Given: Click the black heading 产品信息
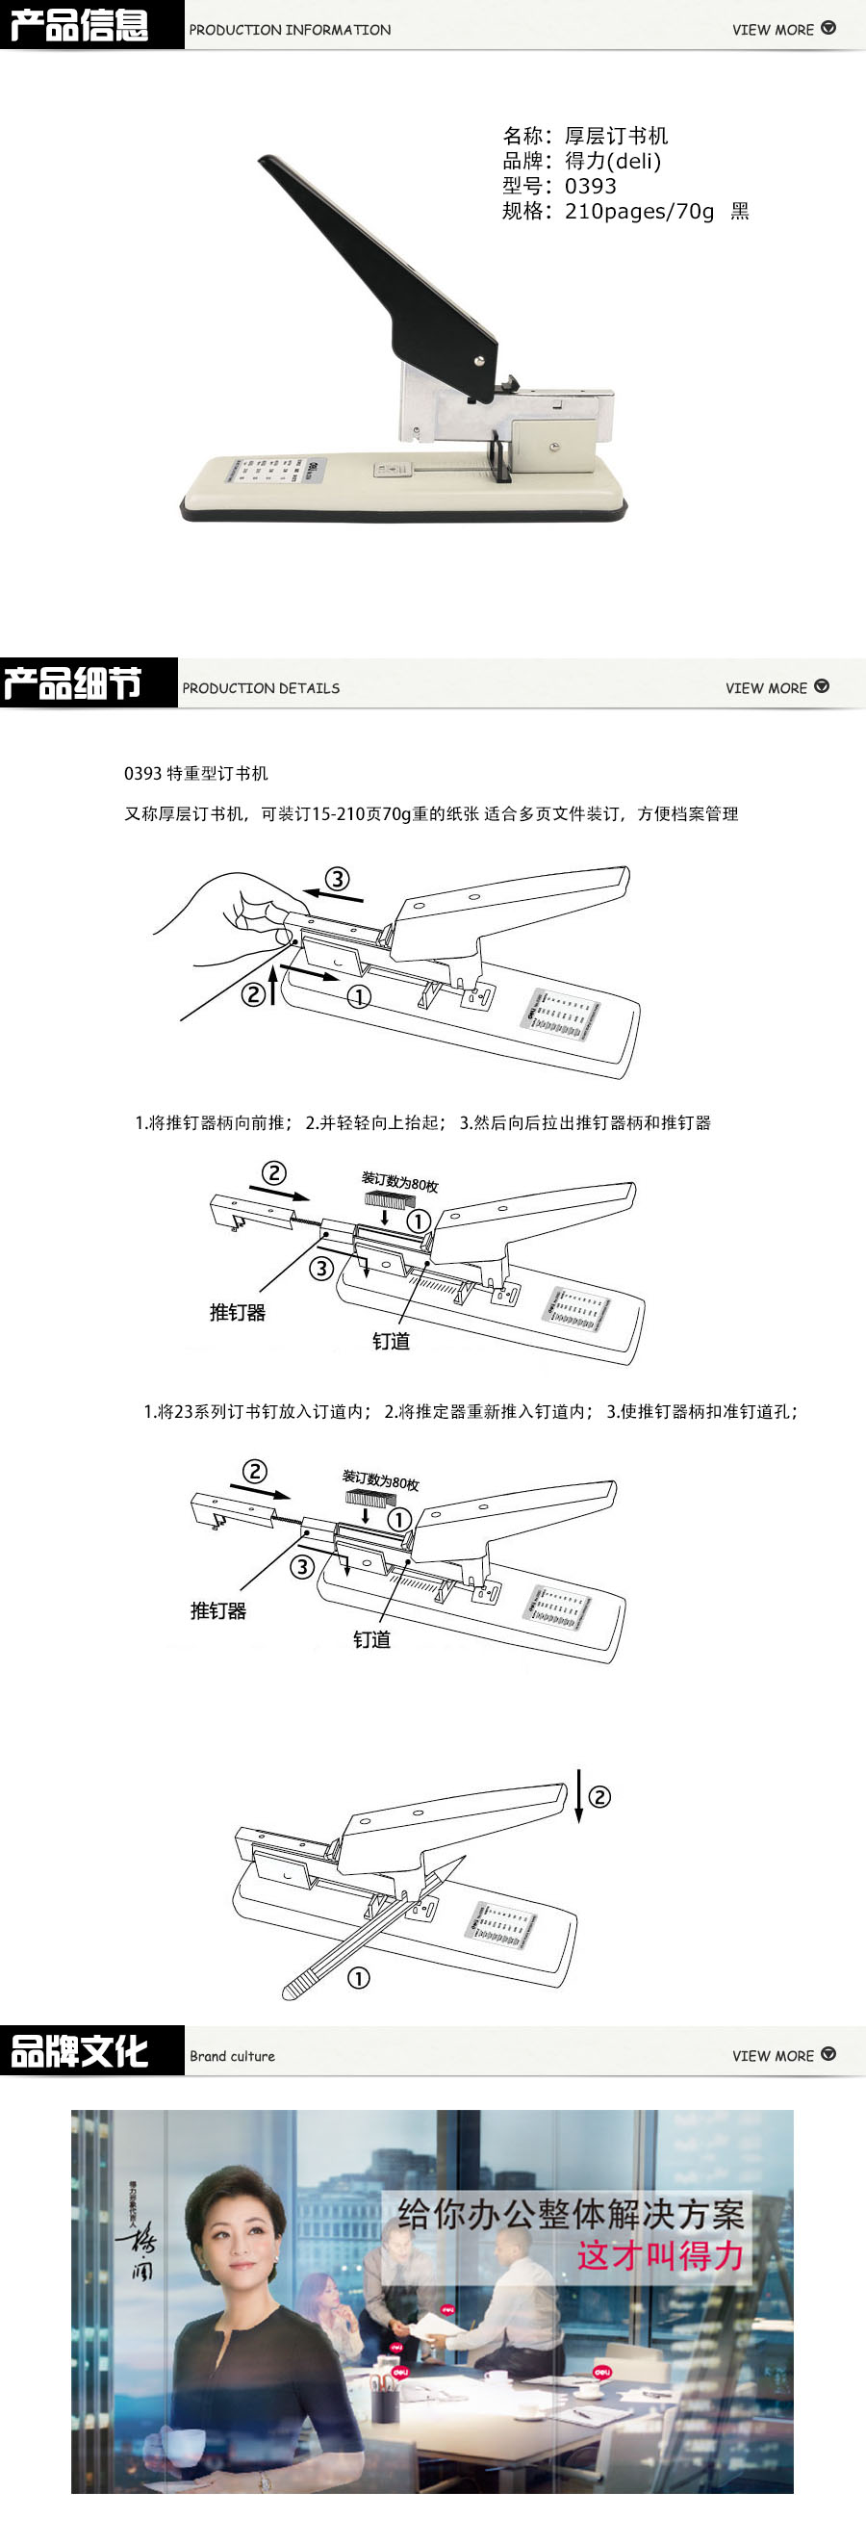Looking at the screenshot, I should [79, 25].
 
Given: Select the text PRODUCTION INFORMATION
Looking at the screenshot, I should [290, 30].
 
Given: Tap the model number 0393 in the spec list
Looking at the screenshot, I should [590, 186].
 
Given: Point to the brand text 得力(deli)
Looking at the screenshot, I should [612, 161].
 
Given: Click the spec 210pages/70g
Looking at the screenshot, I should [639, 211].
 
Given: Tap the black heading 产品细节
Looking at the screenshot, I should [73, 682].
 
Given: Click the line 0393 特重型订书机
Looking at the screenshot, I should [195, 774].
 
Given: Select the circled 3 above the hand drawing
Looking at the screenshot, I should [337, 878].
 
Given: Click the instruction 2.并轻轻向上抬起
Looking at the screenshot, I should [374, 1122].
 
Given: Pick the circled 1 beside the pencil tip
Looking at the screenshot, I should [359, 1978].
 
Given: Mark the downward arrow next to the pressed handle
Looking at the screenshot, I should [578, 1796].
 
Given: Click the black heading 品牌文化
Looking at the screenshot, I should [79, 2051].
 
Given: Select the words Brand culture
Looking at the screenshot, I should [232, 2056].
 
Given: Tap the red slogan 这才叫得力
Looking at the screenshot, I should [660, 2255].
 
